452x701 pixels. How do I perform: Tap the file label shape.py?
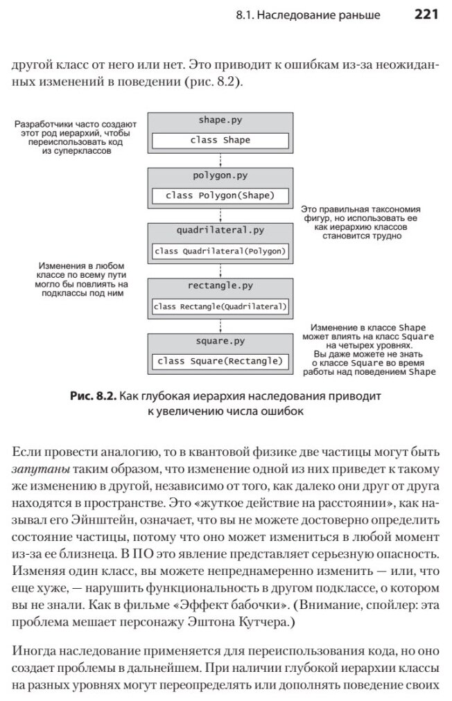(220, 120)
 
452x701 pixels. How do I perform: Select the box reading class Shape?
(220, 140)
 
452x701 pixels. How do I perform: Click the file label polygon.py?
(220, 175)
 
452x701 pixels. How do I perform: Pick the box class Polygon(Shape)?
(220, 195)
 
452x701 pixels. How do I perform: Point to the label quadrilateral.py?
(220, 231)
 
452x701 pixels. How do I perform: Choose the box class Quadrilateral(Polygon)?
(220, 251)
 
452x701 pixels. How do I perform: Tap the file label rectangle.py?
(220, 285)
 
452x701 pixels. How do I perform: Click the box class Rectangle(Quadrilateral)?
(220, 306)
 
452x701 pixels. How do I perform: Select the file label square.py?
(220, 341)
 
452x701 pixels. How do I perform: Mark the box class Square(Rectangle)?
(220, 362)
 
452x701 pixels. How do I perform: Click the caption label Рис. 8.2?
(92, 396)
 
